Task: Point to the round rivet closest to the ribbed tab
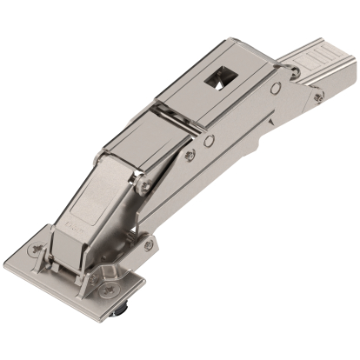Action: point(276,88)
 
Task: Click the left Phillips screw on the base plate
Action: point(37,249)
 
